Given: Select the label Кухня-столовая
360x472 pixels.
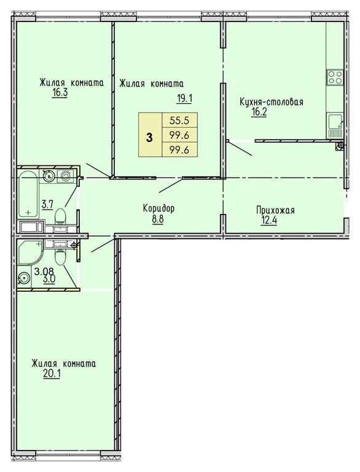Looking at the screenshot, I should [x=272, y=101].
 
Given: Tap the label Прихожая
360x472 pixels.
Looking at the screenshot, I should [x=275, y=211].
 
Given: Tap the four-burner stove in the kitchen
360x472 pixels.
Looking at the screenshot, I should [x=335, y=77].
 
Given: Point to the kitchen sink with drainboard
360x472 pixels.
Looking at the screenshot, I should [x=335, y=125].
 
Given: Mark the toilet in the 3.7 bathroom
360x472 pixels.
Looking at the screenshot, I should [x=60, y=216].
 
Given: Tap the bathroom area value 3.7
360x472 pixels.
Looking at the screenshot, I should [x=47, y=204].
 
